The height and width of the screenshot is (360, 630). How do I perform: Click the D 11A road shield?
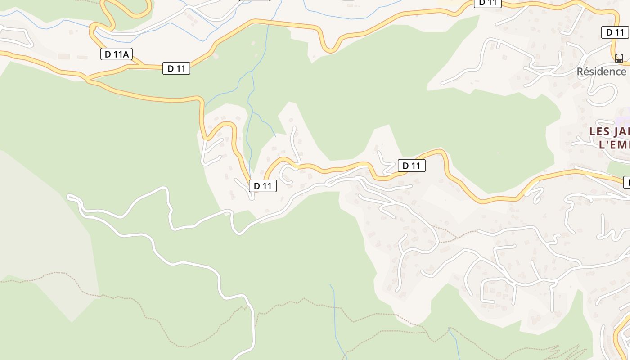[116, 54]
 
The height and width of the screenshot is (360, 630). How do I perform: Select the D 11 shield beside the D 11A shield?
[176, 68]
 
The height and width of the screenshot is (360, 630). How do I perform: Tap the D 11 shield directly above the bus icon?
[615, 32]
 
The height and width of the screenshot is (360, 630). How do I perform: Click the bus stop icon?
[619, 58]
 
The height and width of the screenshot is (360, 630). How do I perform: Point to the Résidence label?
[602, 72]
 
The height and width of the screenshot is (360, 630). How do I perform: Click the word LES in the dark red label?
[599, 131]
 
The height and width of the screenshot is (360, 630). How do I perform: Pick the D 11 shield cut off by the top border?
[488, 3]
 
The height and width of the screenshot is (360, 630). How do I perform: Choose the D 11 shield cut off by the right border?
[626, 182]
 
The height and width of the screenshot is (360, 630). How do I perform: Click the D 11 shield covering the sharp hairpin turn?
[263, 185]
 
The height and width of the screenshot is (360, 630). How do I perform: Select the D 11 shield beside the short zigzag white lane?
[411, 166]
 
